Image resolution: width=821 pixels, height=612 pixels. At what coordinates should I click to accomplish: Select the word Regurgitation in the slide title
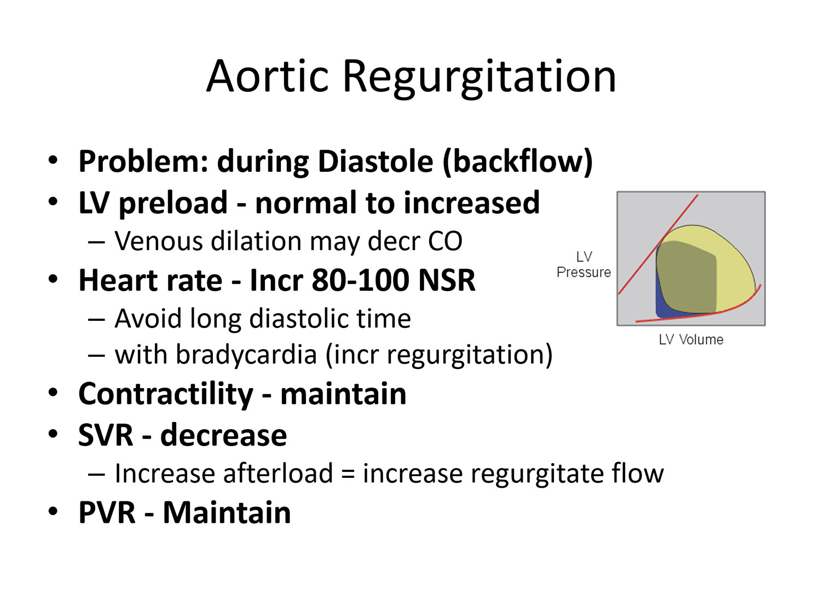(479, 79)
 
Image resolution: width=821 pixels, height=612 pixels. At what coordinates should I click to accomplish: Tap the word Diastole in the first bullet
(375, 161)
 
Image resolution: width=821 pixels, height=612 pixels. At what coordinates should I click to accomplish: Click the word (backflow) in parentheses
(517, 163)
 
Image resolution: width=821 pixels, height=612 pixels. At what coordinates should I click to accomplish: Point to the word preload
(173, 204)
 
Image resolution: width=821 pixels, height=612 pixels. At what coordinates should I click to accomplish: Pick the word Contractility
(166, 395)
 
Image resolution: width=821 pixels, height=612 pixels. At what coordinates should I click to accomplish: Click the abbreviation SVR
(106, 435)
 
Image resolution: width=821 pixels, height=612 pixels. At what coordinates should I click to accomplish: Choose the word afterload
(278, 473)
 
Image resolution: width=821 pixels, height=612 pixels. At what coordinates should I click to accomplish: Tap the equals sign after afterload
(348, 475)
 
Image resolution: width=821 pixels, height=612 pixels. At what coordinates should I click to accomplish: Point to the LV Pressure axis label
(584, 264)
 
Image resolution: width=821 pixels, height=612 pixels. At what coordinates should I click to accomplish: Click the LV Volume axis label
(691, 340)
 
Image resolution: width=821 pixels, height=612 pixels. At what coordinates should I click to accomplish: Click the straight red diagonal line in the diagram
(658, 244)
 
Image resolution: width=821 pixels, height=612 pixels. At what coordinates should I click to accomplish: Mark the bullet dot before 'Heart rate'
(53, 279)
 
